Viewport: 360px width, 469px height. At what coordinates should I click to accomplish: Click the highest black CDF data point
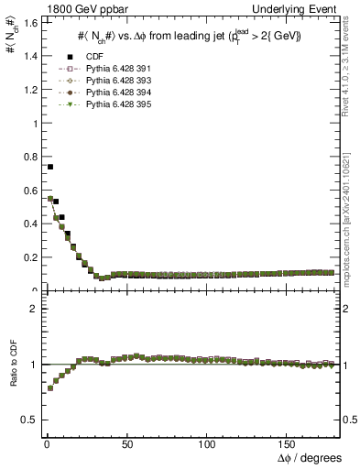49,167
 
